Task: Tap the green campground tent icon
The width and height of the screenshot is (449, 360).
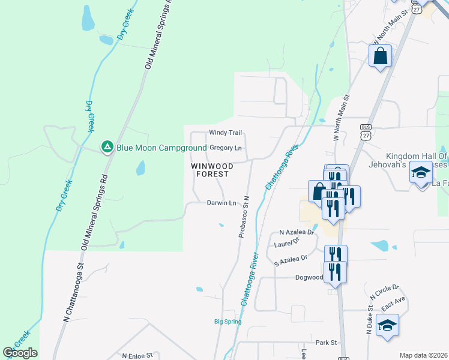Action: click(107, 146)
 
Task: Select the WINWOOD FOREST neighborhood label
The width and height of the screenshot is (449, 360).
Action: click(210, 169)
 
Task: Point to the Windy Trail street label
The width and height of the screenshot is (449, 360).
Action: click(225, 133)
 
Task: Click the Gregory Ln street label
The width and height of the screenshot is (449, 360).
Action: click(226, 148)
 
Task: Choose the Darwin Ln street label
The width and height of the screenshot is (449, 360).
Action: click(221, 203)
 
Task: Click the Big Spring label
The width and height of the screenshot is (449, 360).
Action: click(228, 322)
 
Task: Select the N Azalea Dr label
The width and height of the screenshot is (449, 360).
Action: click(297, 232)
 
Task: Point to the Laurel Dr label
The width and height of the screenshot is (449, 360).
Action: click(286, 243)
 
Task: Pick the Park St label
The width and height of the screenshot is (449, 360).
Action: click(327, 343)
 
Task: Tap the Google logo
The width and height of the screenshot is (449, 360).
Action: click(20, 353)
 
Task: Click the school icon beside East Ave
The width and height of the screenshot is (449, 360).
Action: click(388, 325)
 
